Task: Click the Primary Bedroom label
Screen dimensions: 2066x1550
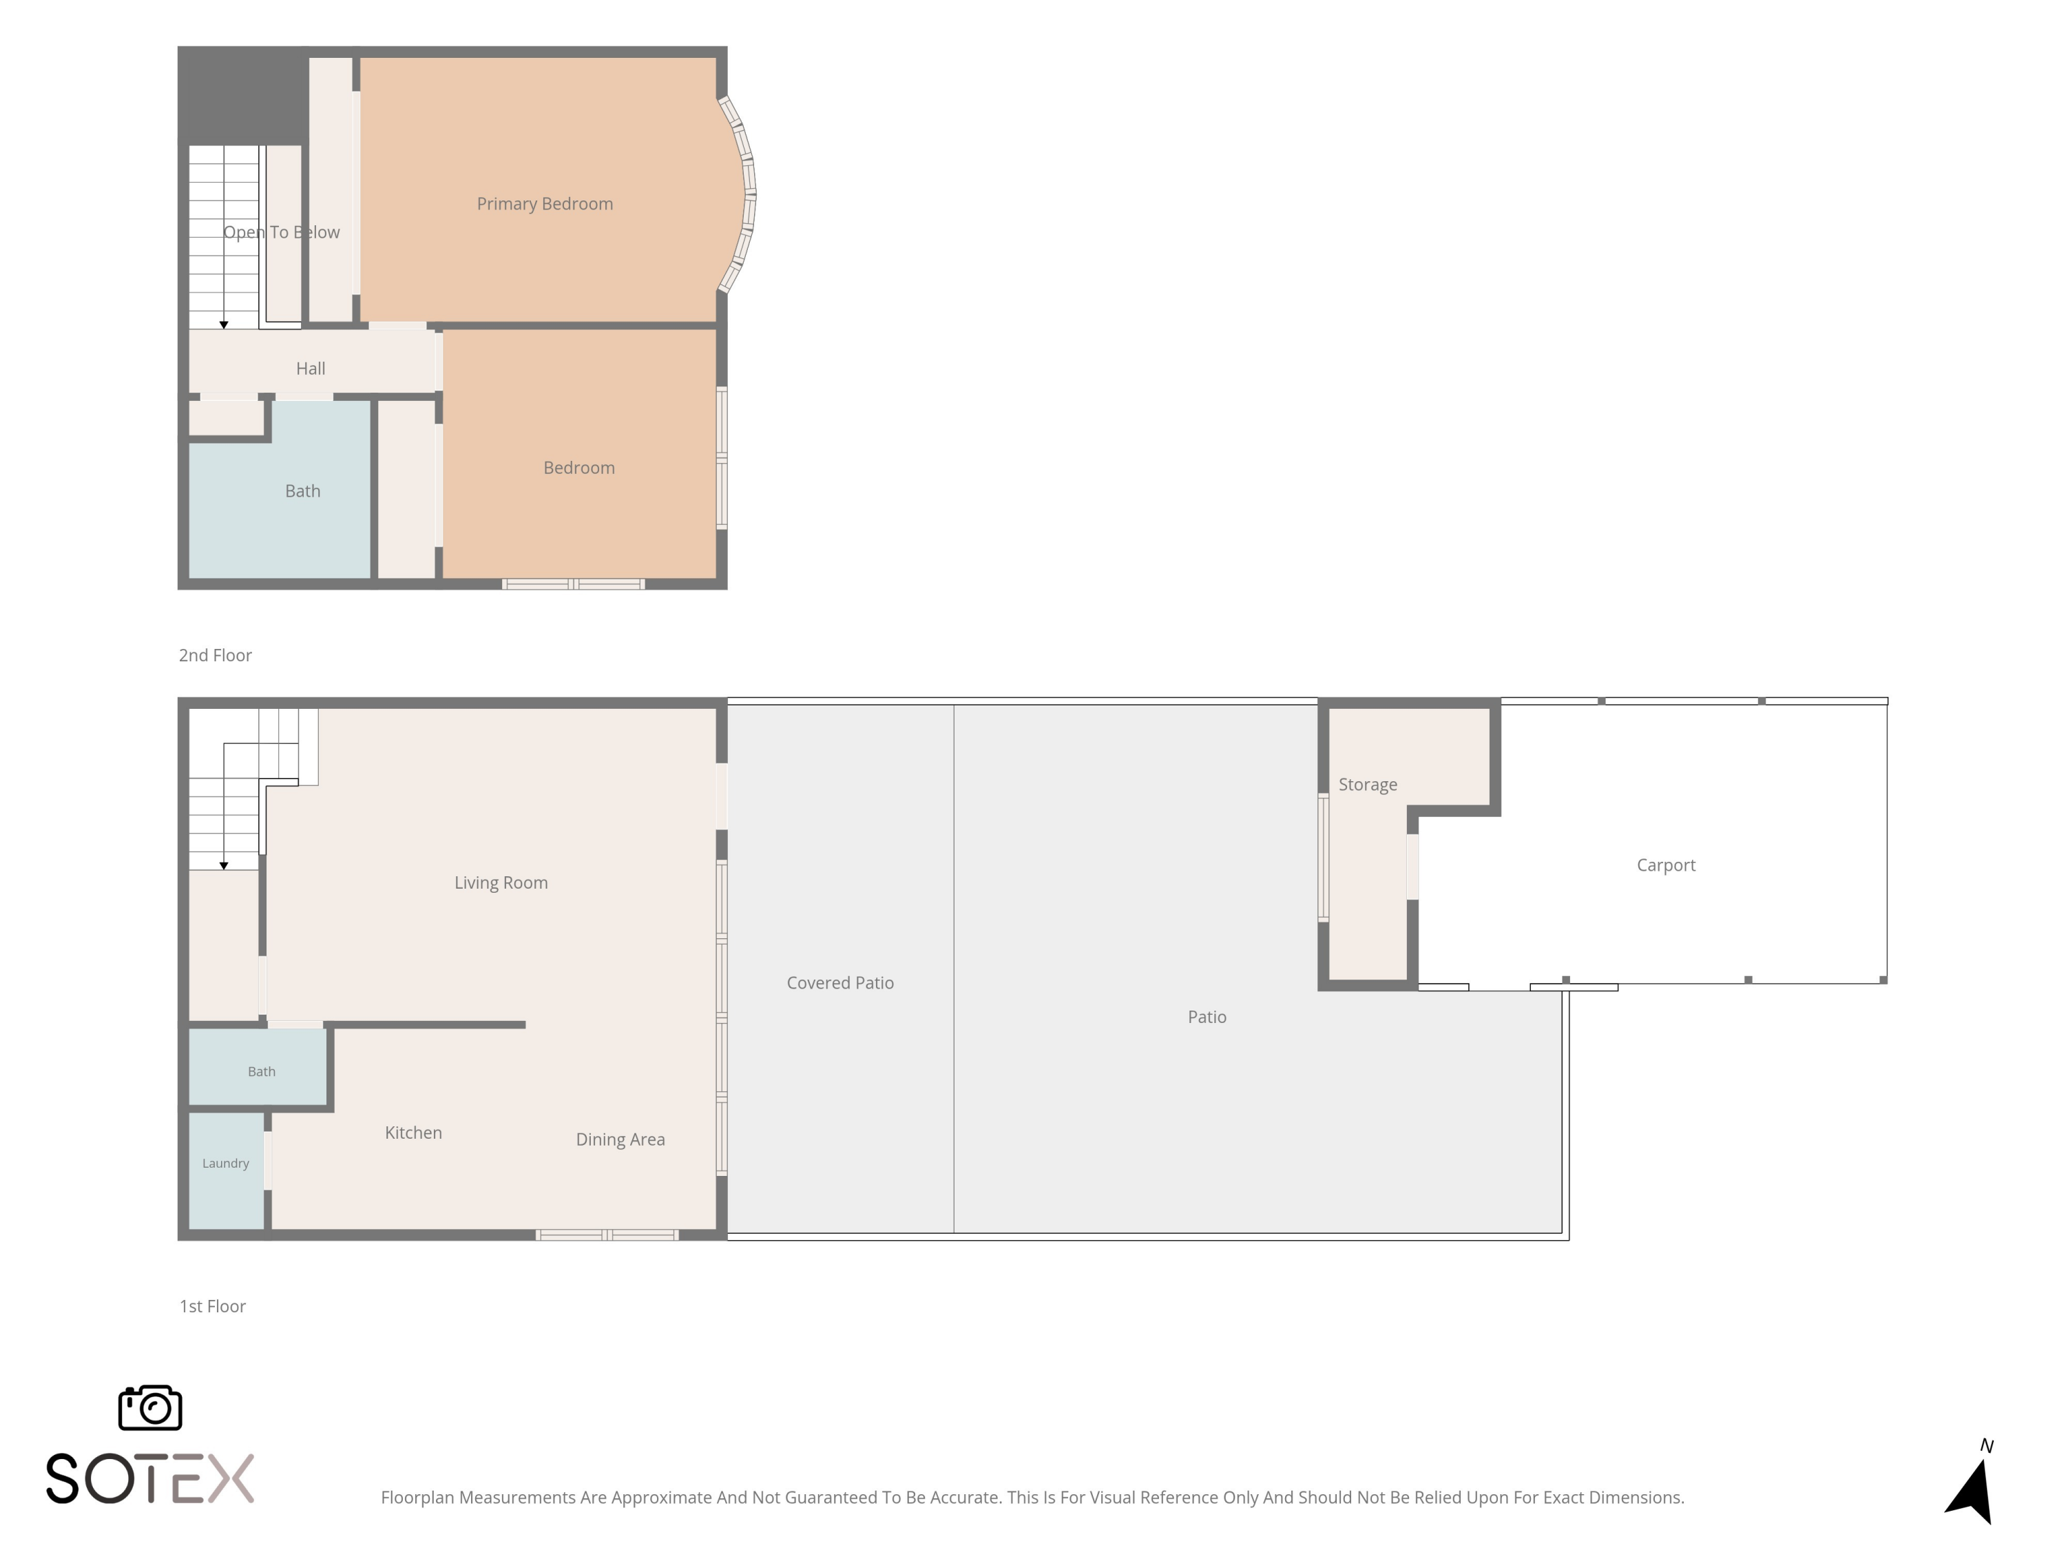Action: [x=545, y=204]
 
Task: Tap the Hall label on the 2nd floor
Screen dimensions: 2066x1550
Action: [x=311, y=368]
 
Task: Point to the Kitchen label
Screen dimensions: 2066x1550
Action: [x=413, y=1133]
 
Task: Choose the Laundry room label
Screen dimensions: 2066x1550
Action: [x=225, y=1164]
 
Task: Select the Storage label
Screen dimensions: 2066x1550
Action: [x=1368, y=785]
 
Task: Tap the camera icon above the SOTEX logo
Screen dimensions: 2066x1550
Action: [x=150, y=1407]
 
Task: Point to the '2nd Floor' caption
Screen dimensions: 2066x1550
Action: [x=215, y=656]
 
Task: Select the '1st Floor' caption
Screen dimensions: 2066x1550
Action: [x=212, y=1307]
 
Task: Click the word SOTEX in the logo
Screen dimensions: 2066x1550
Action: [x=149, y=1478]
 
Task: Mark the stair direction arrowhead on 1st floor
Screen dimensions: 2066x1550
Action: [x=224, y=866]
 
